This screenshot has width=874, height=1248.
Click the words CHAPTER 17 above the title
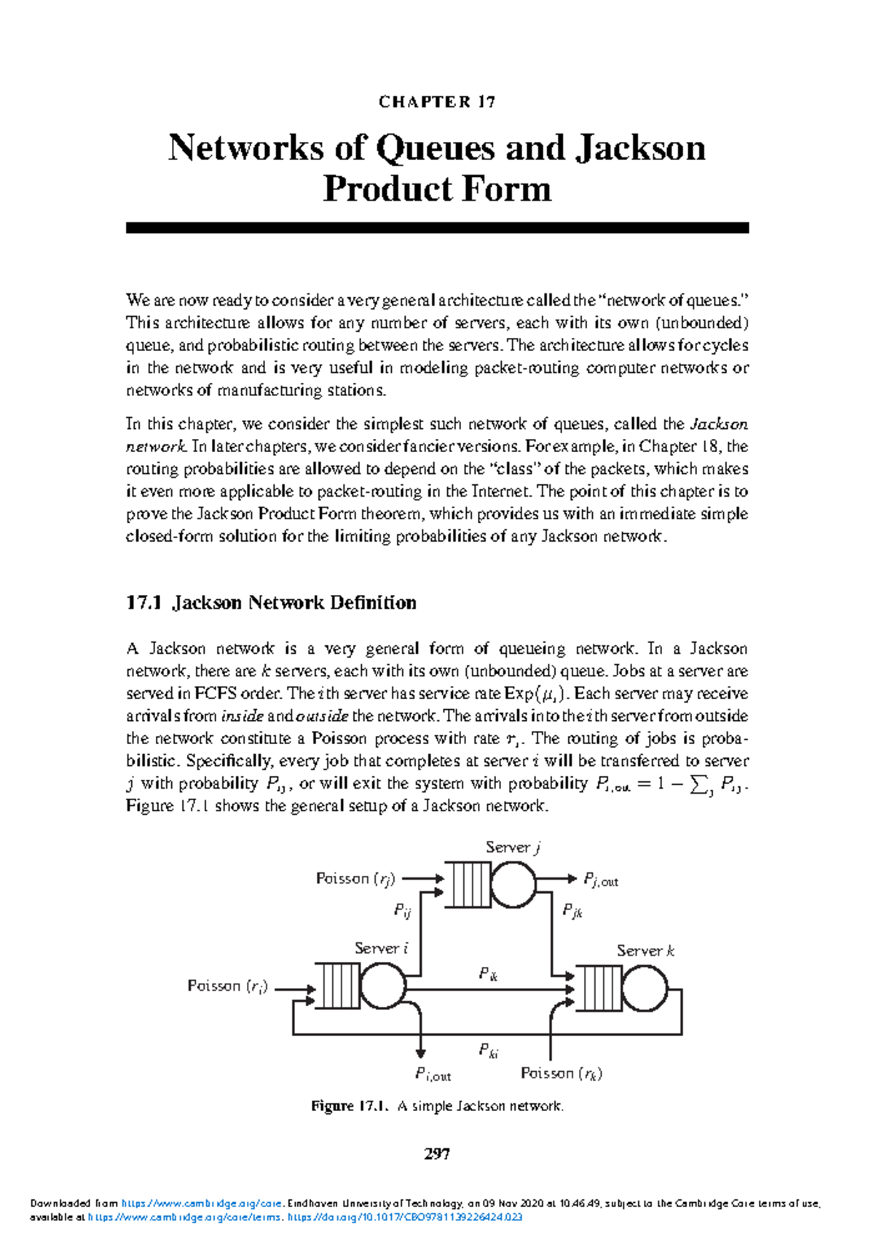[437, 102]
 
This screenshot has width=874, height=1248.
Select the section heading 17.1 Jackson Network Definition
[271, 602]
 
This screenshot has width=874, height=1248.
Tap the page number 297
[437, 1153]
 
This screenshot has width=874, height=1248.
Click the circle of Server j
[513, 885]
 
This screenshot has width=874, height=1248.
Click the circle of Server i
[383, 986]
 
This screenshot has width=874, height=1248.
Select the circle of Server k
[645, 988]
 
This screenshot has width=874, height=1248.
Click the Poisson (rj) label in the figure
[355, 879]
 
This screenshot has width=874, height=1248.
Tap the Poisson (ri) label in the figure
[227, 986]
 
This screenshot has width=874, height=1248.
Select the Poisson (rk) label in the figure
[561, 1073]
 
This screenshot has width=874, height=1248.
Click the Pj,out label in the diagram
[600, 880]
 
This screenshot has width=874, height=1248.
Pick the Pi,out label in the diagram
[433, 1074]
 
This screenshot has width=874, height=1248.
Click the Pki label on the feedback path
[488, 1050]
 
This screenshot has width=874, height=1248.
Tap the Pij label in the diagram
[402, 909]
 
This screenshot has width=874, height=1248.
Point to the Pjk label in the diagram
[572, 911]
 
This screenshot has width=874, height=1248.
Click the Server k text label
[645, 950]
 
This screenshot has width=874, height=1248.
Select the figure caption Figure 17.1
[437, 1106]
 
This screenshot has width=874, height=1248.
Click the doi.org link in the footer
[405, 1217]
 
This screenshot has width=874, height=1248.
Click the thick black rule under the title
[437, 228]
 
